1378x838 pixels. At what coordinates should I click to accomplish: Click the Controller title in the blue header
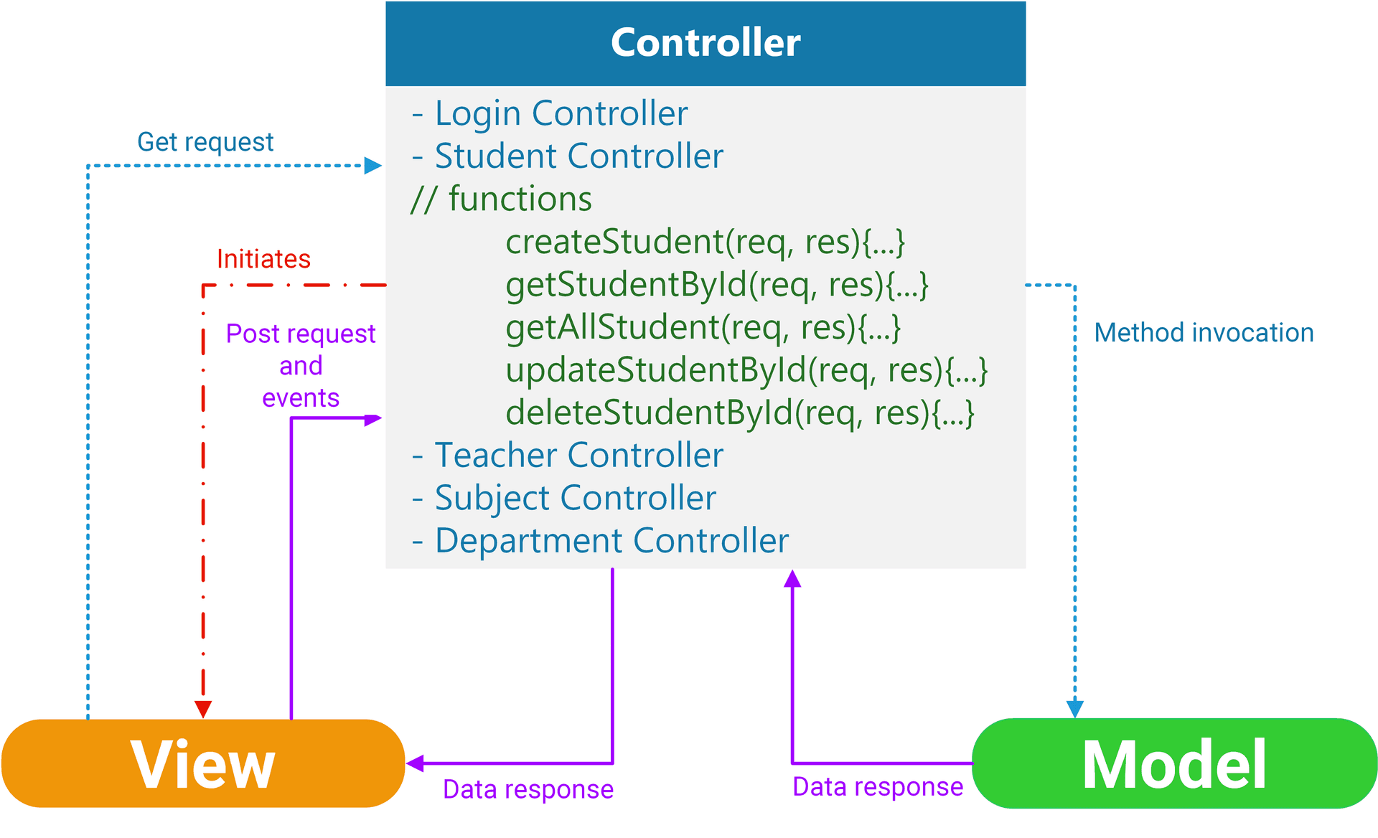click(706, 42)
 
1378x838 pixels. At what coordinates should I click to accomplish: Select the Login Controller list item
click(550, 113)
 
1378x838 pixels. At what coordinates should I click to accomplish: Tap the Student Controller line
click(568, 156)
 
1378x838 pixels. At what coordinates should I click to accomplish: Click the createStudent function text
click(706, 243)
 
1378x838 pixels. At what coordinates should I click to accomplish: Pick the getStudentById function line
click(717, 286)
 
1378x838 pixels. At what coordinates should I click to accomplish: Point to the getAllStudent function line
click(703, 328)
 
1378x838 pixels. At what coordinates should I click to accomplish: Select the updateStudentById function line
click(747, 371)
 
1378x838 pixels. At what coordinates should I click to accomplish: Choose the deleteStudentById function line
click(740, 413)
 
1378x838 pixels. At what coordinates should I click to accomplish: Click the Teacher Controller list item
click(568, 456)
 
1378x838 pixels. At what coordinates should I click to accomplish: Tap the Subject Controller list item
click(564, 498)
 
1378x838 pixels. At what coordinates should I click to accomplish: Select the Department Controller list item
click(600, 541)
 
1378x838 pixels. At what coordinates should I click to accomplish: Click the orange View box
click(203, 763)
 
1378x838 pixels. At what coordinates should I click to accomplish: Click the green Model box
click(1174, 763)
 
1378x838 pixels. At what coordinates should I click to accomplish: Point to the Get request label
click(205, 142)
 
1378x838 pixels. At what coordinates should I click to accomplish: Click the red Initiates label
click(263, 259)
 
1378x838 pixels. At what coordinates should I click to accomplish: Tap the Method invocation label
click(1204, 333)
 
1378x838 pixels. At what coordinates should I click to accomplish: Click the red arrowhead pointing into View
click(203, 709)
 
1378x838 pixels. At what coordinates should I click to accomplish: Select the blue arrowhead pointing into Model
click(1074, 709)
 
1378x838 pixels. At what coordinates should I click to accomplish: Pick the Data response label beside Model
click(878, 787)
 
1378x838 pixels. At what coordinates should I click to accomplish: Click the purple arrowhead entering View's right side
click(415, 763)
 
